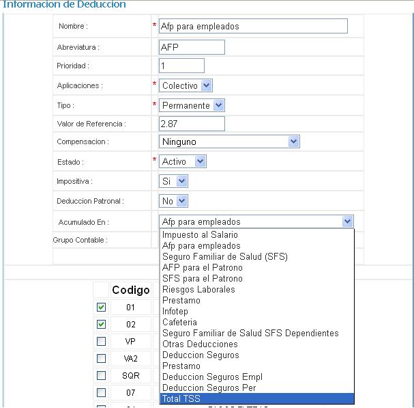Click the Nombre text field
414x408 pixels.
coord(252,27)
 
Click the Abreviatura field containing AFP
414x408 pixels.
coord(191,47)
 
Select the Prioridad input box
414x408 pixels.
coord(181,66)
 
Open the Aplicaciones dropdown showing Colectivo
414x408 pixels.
coord(186,86)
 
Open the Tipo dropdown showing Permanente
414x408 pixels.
coord(192,106)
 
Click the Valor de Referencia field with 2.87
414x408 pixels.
coord(191,124)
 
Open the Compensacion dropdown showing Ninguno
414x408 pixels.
coord(229,141)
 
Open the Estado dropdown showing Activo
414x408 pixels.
coord(182,162)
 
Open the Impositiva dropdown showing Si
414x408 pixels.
coord(173,182)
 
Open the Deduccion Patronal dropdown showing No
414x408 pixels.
coord(173,202)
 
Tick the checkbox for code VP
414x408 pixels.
coord(101,341)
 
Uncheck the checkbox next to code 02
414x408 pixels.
coord(101,324)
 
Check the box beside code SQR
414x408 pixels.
coord(101,375)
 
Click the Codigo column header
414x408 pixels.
coord(130,290)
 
